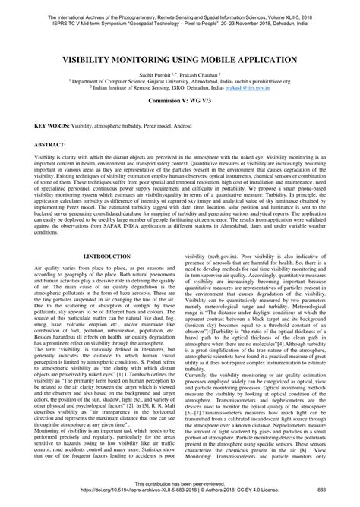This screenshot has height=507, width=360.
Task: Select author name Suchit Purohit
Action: (x=152, y=74)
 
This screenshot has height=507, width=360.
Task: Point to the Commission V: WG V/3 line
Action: (x=180, y=100)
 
